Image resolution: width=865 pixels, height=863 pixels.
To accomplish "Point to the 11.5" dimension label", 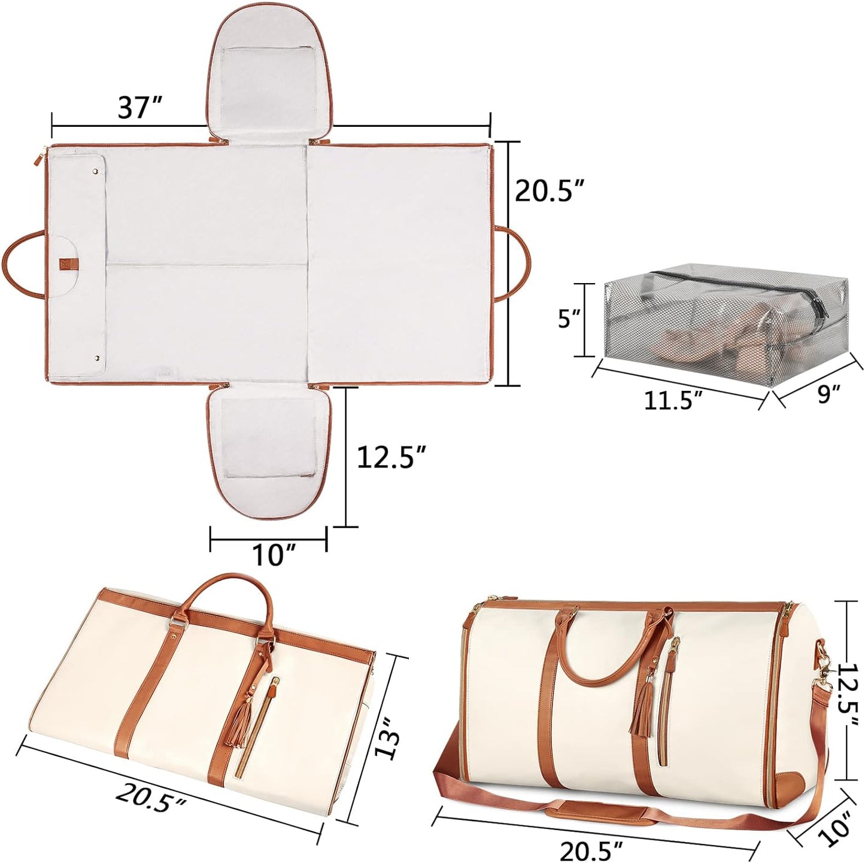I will tap(673, 400).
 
